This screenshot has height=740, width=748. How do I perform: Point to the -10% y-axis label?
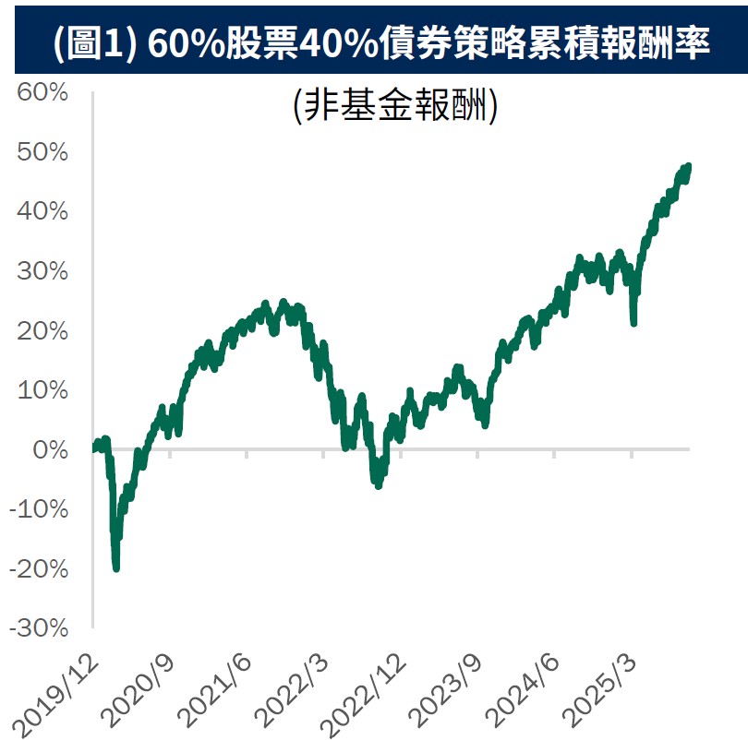(37, 510)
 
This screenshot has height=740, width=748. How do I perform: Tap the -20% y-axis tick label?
(37, 569)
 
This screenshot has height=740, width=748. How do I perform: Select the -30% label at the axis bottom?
(37, 628)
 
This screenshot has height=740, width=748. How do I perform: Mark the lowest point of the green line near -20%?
(115, 567)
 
